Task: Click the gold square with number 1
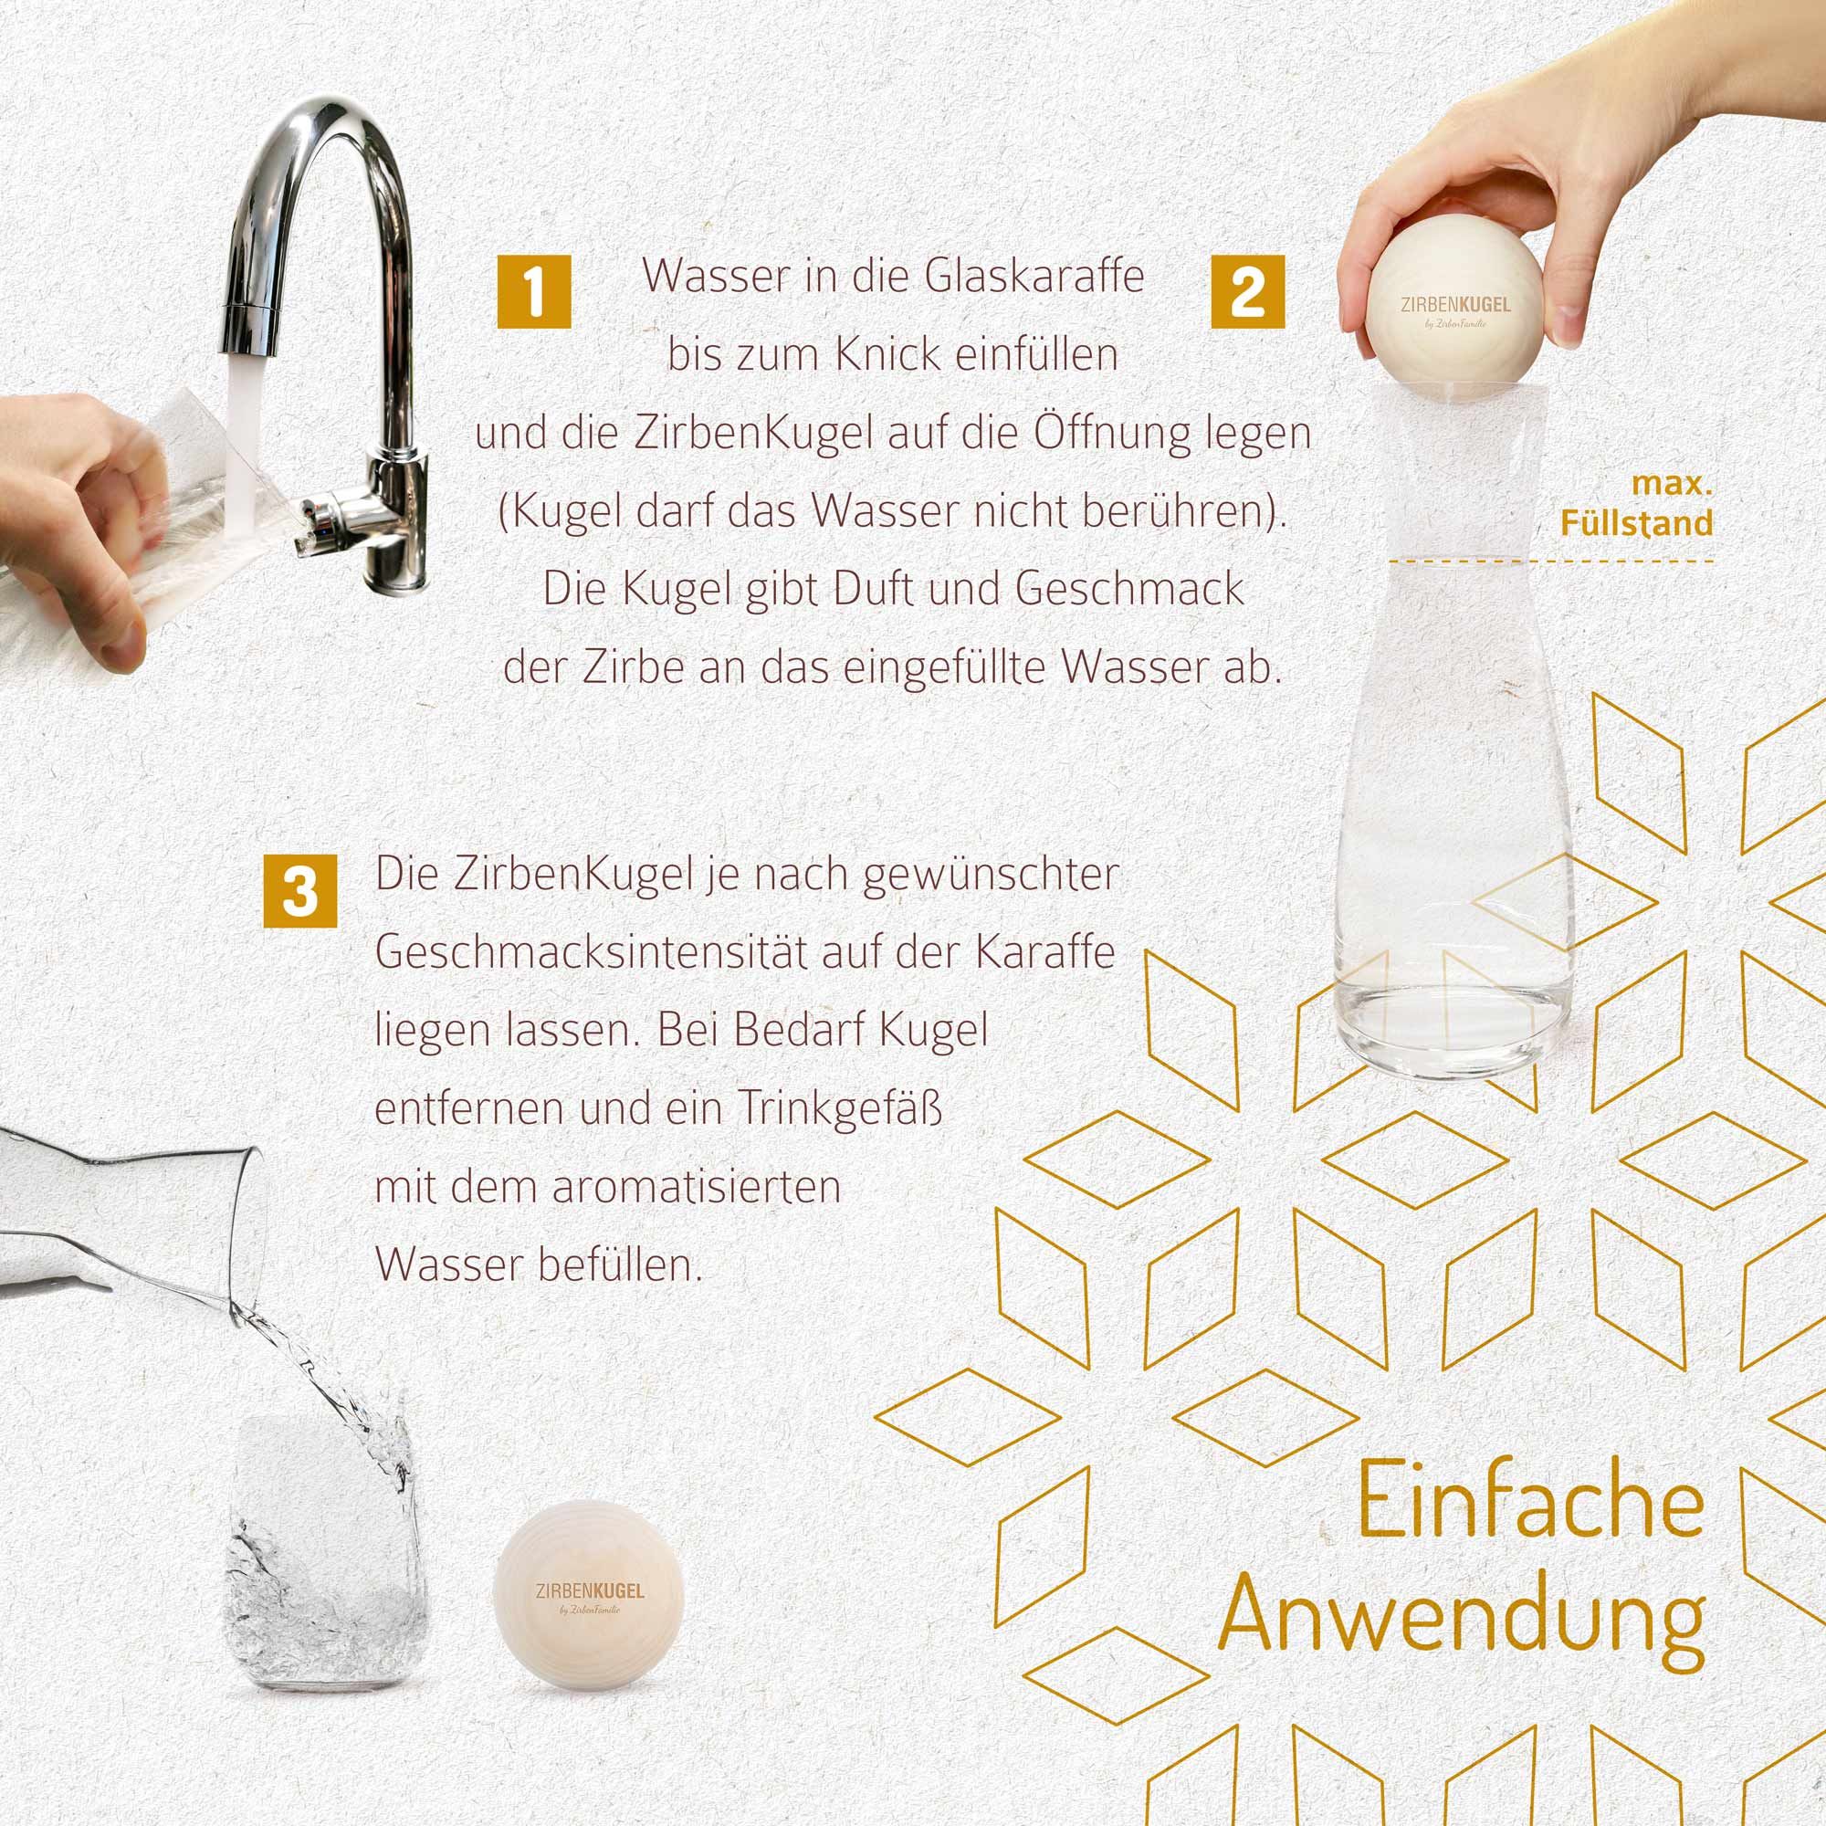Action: click(534, 292)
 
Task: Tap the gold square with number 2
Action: click(1247, 292)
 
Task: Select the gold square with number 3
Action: click(299, 891)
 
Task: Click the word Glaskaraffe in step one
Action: click(1034, 276)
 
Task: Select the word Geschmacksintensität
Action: click(592, 952)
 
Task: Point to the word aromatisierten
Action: click(696, 1187)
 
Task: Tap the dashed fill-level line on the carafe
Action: click(1550, 562)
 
